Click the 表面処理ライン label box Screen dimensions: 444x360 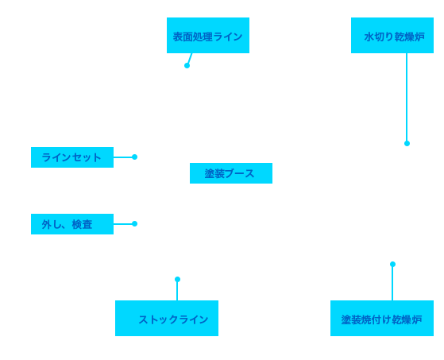(208, 36)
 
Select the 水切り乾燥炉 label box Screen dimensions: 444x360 (392, 36)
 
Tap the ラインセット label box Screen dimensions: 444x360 (72, 157)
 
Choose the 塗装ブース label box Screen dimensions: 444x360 (231, 173)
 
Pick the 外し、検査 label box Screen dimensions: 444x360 (72, 224)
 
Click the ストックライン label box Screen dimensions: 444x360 (167, 318)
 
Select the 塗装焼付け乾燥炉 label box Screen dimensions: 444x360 (382, 318)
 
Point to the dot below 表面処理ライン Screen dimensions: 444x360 (187, 66)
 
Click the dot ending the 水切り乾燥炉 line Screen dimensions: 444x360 (407, 144)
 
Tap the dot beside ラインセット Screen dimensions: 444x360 (134, 157)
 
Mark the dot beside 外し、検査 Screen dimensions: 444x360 (134, 224)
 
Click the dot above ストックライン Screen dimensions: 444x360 (177, 280)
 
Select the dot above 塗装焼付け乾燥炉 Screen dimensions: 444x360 (392, 265)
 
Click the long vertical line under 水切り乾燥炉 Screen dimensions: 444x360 (407, 97)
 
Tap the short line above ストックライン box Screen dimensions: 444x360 (177, 291)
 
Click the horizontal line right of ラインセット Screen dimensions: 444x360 (123, 157)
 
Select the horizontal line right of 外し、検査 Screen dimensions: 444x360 (123, 224)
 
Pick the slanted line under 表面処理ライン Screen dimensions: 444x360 (190, 58)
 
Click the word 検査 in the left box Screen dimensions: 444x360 (82, 224)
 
